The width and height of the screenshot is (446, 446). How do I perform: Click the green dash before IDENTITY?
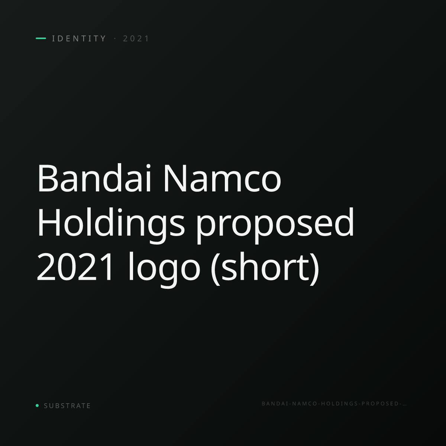click(x=41, y=38)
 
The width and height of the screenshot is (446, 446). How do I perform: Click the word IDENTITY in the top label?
click(x=79, y=38)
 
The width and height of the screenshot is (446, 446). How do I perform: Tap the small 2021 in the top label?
click(x=136, y=38)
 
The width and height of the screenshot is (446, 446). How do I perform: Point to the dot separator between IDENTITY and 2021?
click(x=115, y=38)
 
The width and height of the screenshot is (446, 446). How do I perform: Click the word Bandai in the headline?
click(x=94, y=178)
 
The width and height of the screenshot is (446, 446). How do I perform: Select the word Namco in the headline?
click(x=222, y=178)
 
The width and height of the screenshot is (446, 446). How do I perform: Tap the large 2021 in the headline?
click(x=75, y=266)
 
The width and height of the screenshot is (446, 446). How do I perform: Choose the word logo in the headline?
click(x=164, y=268)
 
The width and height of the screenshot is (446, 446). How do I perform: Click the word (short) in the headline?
click(x=265, y=268)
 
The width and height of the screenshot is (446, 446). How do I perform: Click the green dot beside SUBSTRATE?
click(x=37, y=405)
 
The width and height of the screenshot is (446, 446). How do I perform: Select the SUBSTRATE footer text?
click(x=67, y=406)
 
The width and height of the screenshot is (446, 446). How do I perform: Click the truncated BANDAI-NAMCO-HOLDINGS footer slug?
click(x=334, y=404)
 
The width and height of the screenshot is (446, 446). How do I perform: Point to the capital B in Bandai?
click(x=48, y=178)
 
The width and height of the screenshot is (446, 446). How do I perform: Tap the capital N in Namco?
click(x=175, y=178)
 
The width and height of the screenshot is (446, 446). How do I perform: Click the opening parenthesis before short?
click(x=215, y=268)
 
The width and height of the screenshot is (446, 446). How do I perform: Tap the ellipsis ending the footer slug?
click(x=405, y=405)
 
